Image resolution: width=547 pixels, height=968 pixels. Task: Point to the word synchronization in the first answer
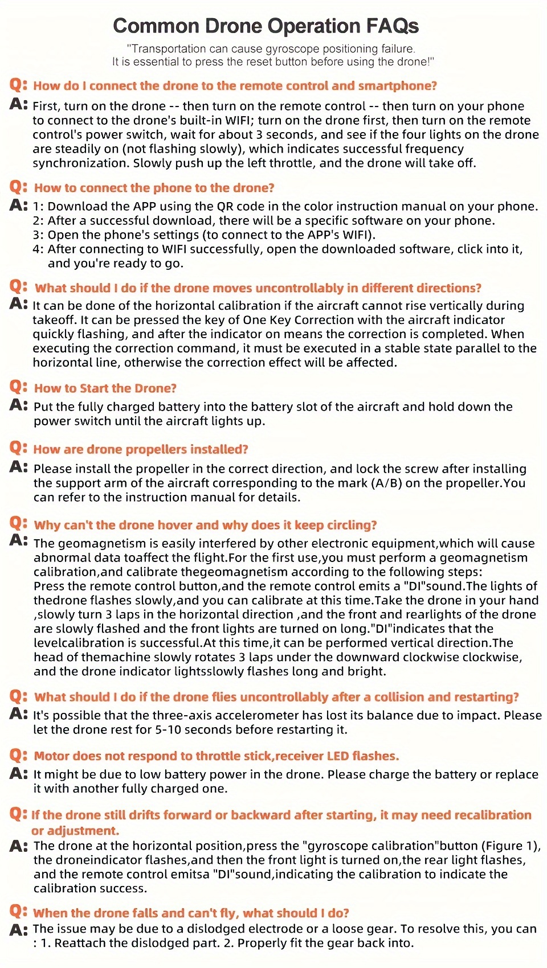(80, 163)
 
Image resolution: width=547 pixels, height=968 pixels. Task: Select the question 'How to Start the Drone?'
(105, 388)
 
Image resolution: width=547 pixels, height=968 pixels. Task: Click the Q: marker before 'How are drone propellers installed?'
(18, 448)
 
